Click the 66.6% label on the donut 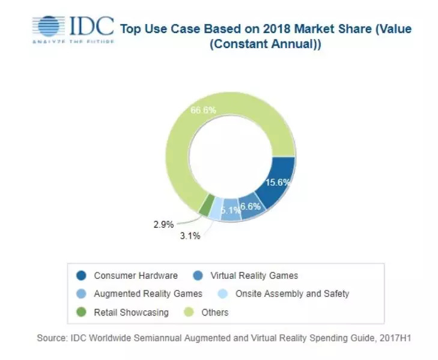click(x=203, y=111)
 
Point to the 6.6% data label click(x=251, y=207)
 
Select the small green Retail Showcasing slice click(x=206, y=206)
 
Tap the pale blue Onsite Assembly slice click(x=216, y=209)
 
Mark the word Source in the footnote click(x=52, y=339)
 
